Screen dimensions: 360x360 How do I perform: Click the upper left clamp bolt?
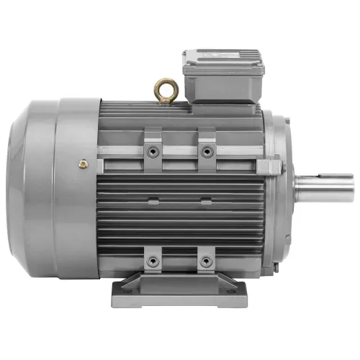(153, 151)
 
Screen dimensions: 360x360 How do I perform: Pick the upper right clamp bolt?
(207, 151)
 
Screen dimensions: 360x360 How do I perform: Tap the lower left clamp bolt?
(153, 259)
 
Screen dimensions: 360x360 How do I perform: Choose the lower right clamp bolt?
(207, 259)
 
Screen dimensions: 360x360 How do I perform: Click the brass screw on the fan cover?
(84, 165)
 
